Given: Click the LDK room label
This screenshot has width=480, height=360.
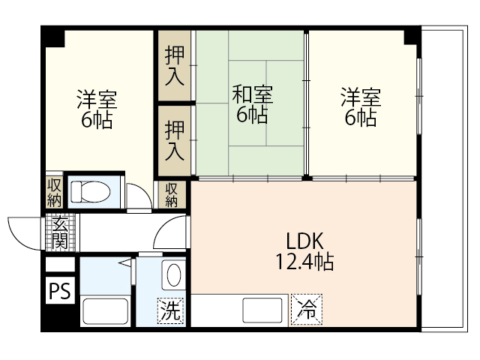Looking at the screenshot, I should click(304, 241).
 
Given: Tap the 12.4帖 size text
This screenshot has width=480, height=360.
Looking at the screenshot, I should click(304, 262).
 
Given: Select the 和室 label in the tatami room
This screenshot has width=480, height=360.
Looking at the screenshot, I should click(252, 95).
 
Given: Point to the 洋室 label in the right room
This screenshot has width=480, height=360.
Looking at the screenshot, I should click(361, 97).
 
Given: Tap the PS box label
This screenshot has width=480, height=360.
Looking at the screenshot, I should click(59, 291).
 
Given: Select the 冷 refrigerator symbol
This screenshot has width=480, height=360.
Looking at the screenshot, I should click(306, 308).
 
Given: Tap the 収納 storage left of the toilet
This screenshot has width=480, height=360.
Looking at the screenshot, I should click(54, 193).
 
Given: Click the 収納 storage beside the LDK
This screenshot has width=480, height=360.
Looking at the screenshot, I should click(172, 193).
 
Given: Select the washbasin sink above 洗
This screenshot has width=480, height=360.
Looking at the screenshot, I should click(172, 274).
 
